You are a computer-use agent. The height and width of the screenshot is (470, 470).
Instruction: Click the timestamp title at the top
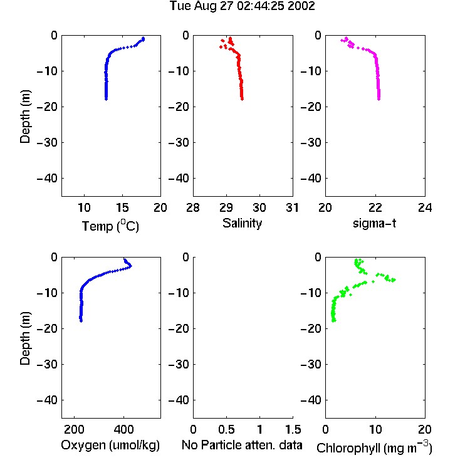pyautogui.click(x=242, y=6)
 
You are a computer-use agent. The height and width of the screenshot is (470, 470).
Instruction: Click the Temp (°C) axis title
pyautogui.click(x=110, y=226)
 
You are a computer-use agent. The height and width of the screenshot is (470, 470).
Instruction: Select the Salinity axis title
pyautogui.click(x=242, y=223)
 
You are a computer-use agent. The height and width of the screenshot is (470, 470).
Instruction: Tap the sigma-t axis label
pyautogui.click(x=374, y=223)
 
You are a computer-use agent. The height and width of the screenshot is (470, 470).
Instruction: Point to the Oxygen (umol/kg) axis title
pyautogui.click(x=110, y=445)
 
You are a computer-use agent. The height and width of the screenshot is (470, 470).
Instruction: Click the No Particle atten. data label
pyautogui.click(x=242, y=445)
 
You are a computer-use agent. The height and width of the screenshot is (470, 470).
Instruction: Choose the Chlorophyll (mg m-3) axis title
pyautogui.click(x=374, y=447)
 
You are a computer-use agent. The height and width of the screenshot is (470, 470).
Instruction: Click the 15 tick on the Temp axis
pyautogui.click(x=122, y=207)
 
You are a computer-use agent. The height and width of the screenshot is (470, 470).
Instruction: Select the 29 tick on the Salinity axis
pyautogui.click(x=226, y=207)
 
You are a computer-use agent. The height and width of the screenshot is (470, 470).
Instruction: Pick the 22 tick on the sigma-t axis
pyautogui.click(x=375, y=207)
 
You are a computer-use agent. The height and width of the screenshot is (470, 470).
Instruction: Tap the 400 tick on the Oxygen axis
pyautogui.click(x=123, y=429)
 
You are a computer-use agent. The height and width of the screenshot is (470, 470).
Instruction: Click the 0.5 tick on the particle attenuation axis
pyautogui.click(x=226, y=429)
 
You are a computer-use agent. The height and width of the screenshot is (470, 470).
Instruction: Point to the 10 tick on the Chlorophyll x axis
pyautogui.click(x=375, y=429)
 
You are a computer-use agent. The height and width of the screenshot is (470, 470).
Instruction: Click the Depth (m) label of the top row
pyautogui.click(x=25, y=117)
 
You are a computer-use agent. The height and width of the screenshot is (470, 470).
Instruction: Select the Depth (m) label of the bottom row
pyautogui.click(x=25, y=338)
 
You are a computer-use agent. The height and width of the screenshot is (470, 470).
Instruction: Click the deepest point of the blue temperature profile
pyautogui.click(x=106, y=98)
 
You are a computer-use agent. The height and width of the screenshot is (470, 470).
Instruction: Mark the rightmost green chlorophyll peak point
pyautogui.click(x=394, y=280)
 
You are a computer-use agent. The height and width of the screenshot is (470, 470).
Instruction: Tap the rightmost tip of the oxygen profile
pyautogui.click(x=130, y=266)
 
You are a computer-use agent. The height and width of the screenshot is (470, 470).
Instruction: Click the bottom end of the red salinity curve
pyautogui.click(x=242, y=98)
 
